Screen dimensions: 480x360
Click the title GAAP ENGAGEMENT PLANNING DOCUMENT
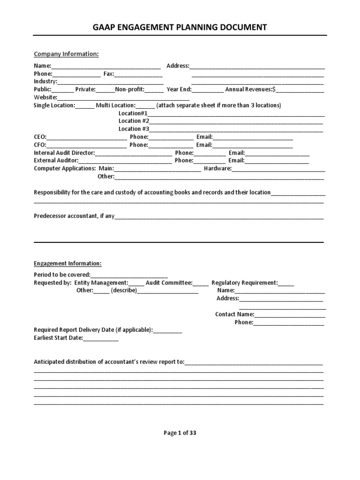[x=180, y=27]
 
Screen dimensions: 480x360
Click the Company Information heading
[x=66, y=54]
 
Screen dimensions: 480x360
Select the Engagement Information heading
[x=67, y=263]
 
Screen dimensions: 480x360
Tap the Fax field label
[x=108, y=74]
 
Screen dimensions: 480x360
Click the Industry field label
[x=45, y=82]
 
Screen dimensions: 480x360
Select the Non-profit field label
[x=130, y=90]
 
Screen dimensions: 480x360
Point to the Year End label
[x=179, y=90]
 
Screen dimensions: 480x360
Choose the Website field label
[x=45, y=97]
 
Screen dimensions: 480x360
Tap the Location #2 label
[x=134, y=121]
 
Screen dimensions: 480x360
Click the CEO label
[x=40, y=137]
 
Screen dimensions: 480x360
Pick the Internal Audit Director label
[x=64, y=153]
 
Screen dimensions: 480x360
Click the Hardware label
[x=217, y=168]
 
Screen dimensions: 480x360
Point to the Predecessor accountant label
[x=74, y=217]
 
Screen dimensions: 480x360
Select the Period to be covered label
[x=62, y=275]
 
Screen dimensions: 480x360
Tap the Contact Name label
[x=234, y=315]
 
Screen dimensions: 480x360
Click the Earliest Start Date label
[x=58, y=338]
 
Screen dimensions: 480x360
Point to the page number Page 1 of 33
[x=180, y=433]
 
